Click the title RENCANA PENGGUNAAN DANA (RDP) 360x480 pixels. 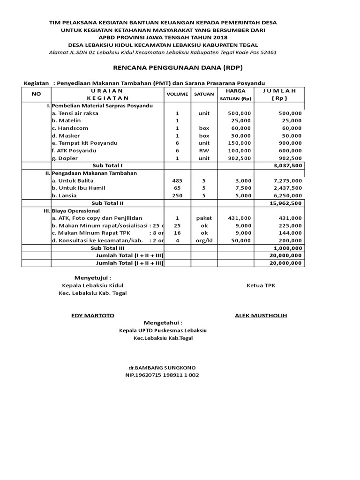pos(178,68)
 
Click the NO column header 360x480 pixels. pos(37,94)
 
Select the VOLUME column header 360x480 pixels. pos(177,94)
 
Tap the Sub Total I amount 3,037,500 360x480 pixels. pos(287,165)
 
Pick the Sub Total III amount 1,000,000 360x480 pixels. pos(287,248)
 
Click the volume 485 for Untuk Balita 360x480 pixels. pos(177,180)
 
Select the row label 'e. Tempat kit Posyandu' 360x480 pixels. pos(84,143)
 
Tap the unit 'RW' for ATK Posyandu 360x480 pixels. pos(204,150)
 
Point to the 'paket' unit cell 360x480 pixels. pos(204,218)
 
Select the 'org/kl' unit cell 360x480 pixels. pos(204,240)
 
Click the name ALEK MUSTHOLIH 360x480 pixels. pos(261,315)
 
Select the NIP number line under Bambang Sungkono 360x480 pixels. pos(162,375)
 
